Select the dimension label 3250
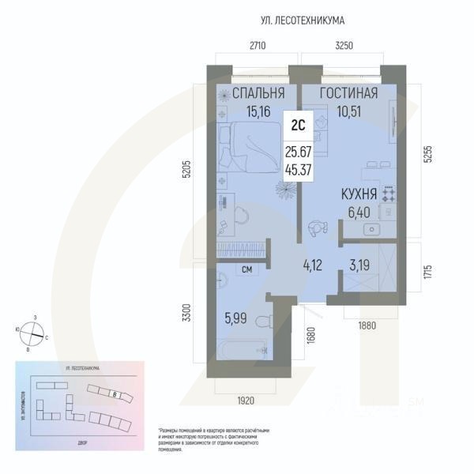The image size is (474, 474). coord(345,47)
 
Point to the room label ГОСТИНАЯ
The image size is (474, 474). coord(348,93)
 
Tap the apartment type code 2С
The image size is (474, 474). coord(298,124)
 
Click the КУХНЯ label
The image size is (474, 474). coord(358,193)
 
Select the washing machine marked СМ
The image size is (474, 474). coord(246,271)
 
